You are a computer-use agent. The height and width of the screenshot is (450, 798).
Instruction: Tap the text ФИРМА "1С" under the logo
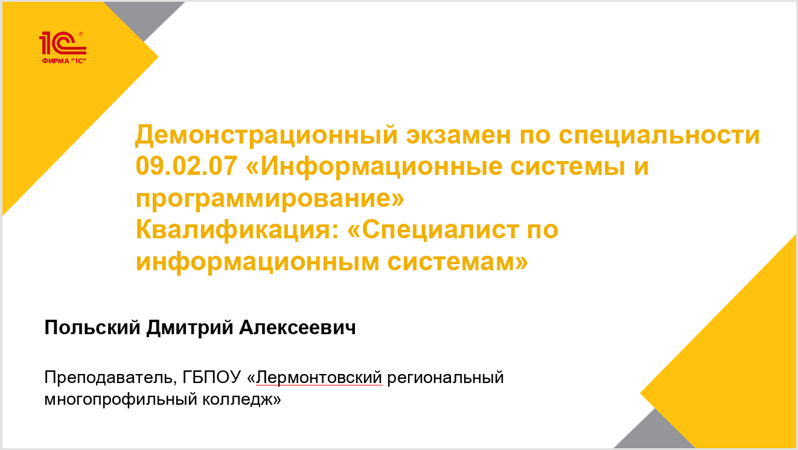(64, 61)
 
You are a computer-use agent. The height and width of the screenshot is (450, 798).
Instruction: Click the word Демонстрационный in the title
(266, 136)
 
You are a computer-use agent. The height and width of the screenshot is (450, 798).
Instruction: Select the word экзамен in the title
(459, 136)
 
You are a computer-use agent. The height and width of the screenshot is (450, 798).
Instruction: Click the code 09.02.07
(187, 166)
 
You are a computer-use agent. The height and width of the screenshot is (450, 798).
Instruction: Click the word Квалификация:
(237, 230)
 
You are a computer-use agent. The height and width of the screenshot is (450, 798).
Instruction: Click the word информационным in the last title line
(258, 262)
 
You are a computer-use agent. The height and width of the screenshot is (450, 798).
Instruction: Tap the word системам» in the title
(458, 262)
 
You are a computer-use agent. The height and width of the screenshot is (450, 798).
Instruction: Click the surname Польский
(92, 327)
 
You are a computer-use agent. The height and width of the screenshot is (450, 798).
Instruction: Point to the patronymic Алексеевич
(298, 327)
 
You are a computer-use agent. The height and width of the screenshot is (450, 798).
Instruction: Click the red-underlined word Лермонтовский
(319, 378)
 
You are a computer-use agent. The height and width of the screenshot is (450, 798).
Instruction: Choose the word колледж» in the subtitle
(241, 399)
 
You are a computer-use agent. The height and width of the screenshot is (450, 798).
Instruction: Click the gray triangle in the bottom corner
(654, 432)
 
